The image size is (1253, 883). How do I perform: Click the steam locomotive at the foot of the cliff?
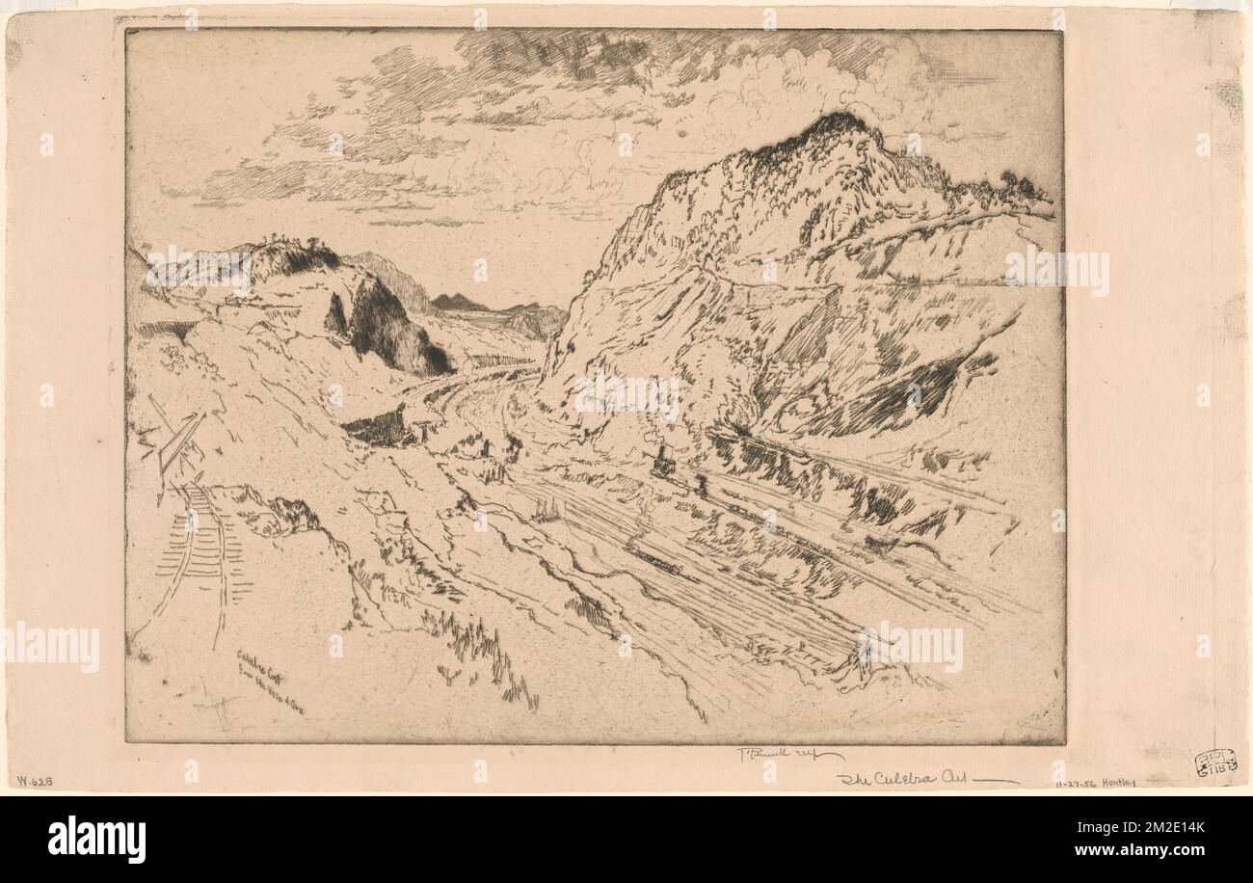pos(663,462)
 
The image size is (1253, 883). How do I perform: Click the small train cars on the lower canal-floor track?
pos(655,559)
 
